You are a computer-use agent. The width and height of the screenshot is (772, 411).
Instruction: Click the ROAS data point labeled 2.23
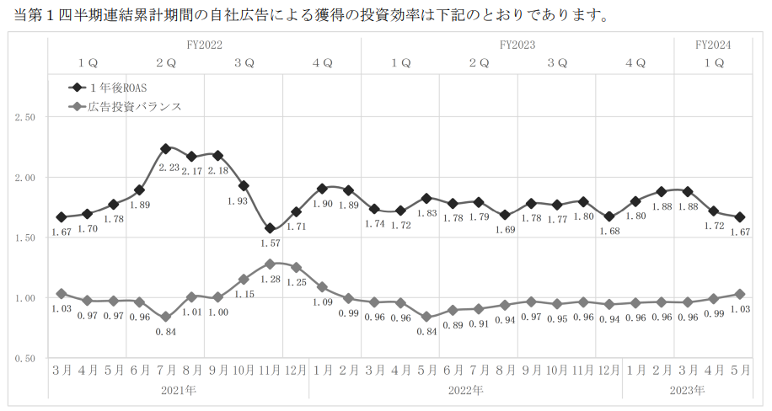[x=166, y=148]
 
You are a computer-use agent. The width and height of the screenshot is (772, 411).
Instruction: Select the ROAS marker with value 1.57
[x=270, y=228]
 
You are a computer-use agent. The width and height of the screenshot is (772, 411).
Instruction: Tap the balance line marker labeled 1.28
[x=270, y=264]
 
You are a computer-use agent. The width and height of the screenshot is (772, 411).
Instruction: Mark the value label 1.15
[x=244, y=294]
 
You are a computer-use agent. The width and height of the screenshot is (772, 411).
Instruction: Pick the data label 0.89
[x=453, y=325]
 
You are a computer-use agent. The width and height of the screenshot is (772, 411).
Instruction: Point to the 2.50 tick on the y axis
[x=24, y=117]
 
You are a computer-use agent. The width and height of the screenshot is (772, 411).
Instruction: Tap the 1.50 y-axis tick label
[x=24, y=238]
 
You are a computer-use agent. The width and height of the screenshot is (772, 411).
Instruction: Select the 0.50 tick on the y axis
[x=24, y=359]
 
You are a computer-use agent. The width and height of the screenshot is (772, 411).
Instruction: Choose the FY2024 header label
[x=713, y=44]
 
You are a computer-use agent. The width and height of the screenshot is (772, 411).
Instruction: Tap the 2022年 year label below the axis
[x=465, y=390]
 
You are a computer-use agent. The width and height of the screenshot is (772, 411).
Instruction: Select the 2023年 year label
[x=686, y=390]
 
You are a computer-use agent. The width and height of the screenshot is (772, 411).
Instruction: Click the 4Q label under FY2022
[x=322, y=63]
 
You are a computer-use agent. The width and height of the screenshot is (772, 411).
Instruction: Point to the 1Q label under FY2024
[x=713, y=63]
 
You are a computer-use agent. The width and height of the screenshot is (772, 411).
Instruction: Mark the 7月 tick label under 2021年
[x=165, y=370]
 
